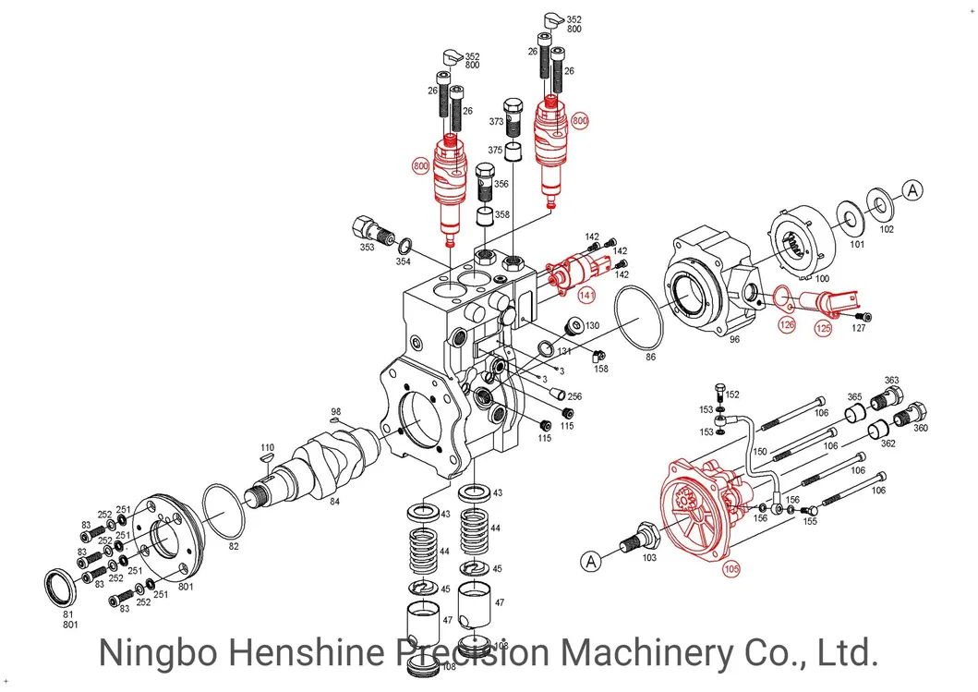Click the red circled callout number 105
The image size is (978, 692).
(731, 568)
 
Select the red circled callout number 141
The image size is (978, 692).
(586, 295)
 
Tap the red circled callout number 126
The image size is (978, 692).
(787, 324)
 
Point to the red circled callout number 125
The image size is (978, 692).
(824, 328)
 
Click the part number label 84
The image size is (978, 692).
(335, 501)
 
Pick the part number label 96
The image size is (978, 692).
(734, 339)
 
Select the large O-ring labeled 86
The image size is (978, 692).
(639, 318)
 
